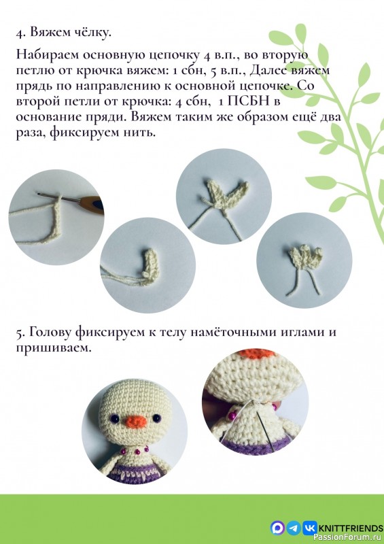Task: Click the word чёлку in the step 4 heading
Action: click(93, 33)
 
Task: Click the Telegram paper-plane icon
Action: click(294, 527)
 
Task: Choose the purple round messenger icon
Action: click(277, 527)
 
